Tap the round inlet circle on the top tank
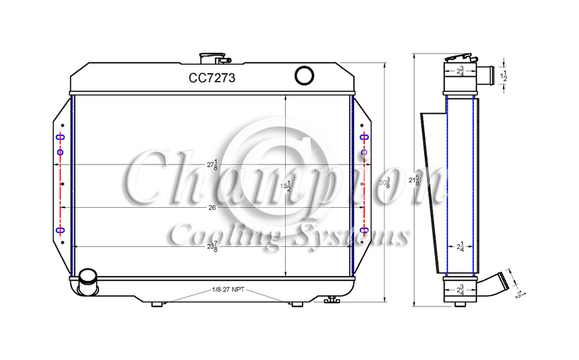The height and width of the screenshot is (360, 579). pos(303,74)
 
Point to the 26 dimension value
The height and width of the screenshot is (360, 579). pos(211,208)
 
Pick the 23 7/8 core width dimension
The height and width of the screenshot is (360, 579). pos(213,247)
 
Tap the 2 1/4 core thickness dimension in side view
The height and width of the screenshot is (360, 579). pos(460,247)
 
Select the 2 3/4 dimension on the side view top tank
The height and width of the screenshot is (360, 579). pos(460,71)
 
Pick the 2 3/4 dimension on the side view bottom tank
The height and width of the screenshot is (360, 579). pos(460,290)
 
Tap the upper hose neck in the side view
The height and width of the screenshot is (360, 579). pos(486,74)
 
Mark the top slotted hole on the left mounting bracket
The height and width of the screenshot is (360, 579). pos(60,138)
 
